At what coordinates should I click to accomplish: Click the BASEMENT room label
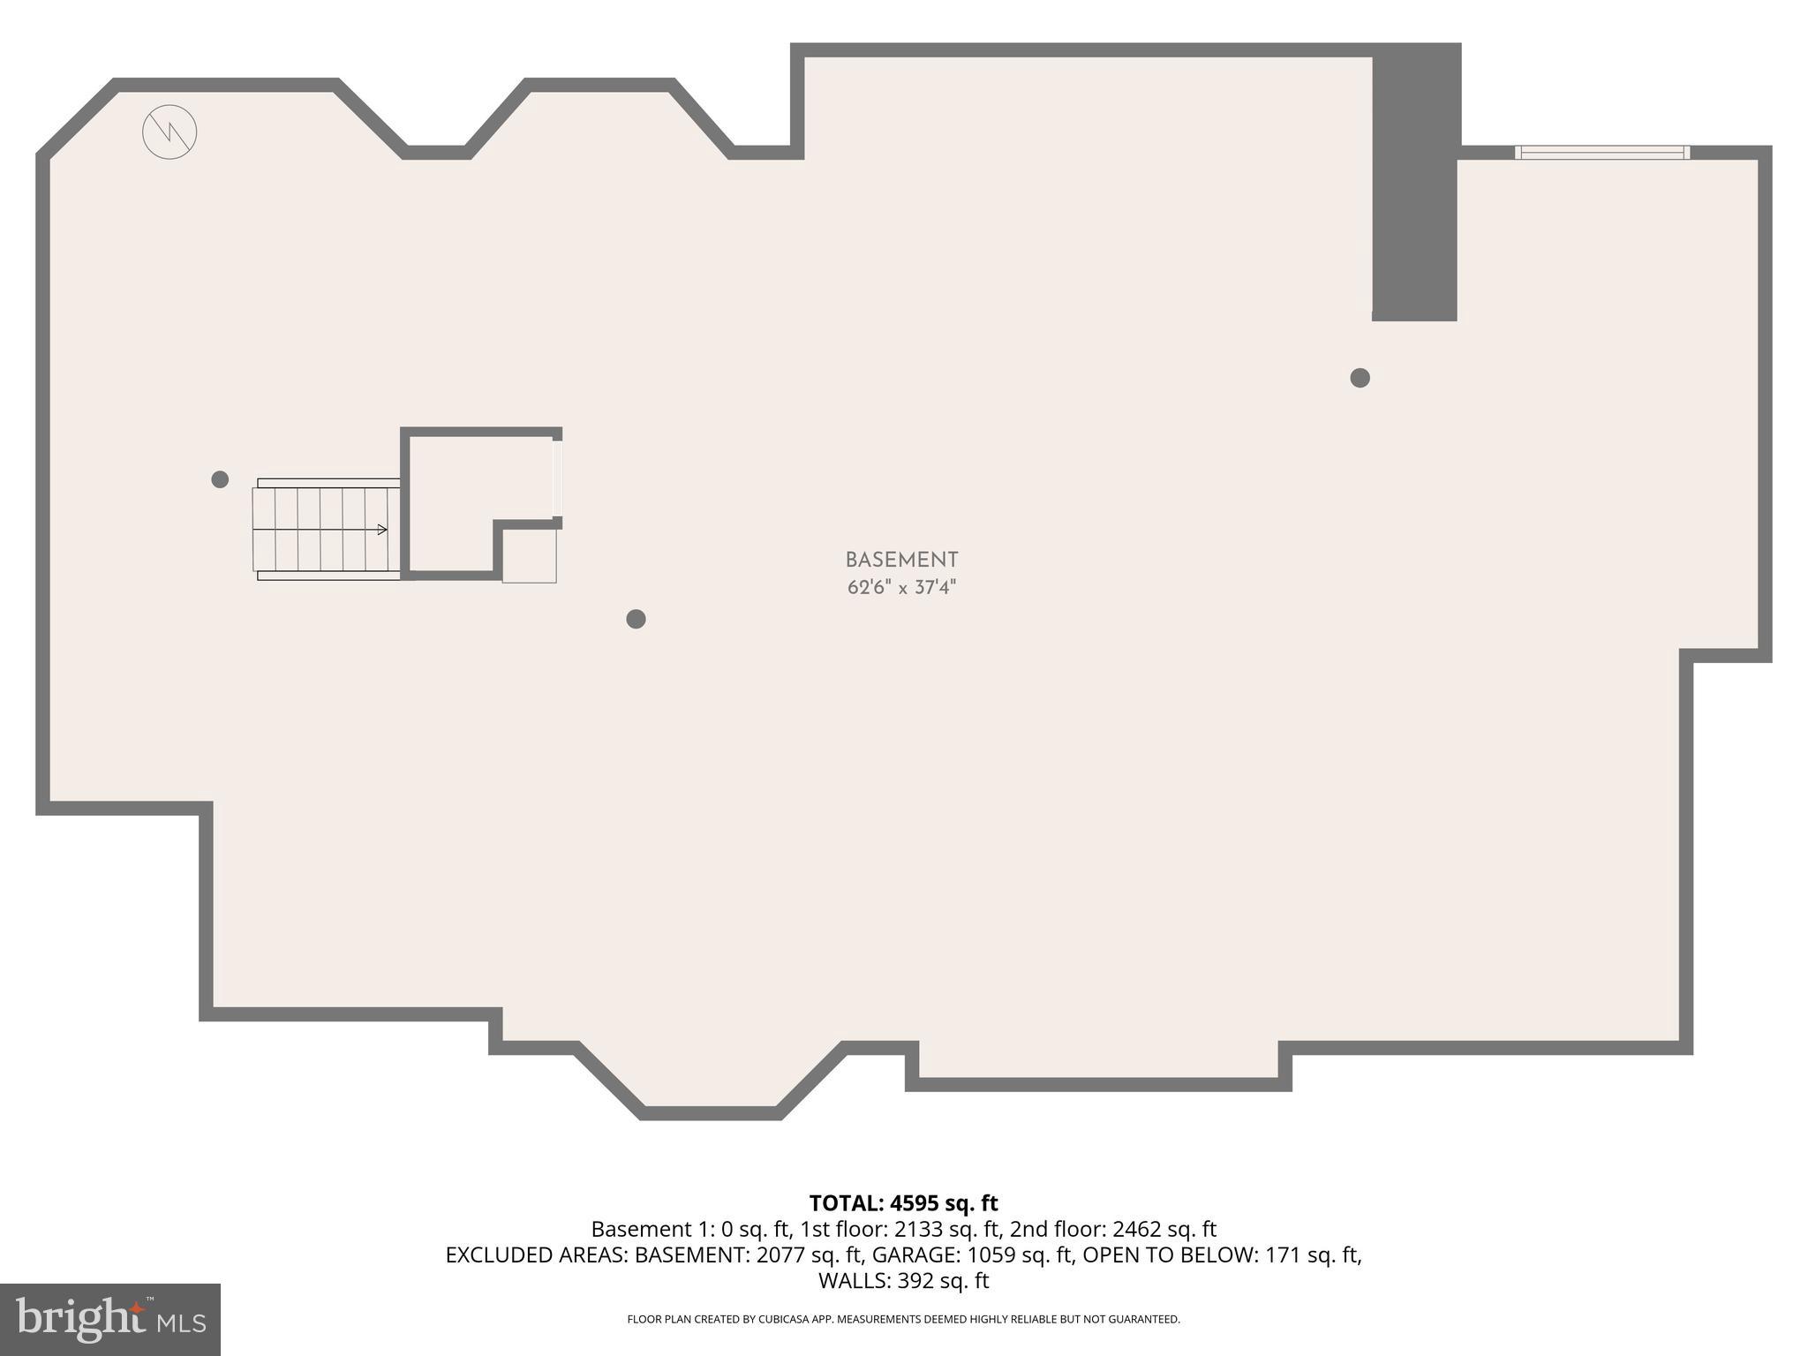[x=901, y=561]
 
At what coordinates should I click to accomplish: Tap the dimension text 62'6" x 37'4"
[x=901, y=588]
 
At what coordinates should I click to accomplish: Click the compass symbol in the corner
[x=169, y=132]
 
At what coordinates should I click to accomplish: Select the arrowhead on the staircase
[x=382, y=530]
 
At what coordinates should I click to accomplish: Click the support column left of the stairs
[x=221, y=479]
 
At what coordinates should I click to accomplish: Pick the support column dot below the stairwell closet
[x=636, y=619]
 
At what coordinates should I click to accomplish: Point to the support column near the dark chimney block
[x=1360, y=378]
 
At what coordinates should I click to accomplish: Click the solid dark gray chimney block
[x=1415, y=185]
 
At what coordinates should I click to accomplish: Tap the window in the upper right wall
[x=1601, y=153]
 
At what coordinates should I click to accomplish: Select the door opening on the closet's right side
[x=557, y=478]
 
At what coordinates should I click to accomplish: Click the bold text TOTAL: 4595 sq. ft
[x=903, y=1203]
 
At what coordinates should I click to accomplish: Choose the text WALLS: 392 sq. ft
[x=903, y=1281]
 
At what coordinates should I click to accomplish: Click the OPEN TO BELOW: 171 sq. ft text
[x=1222, y=1254]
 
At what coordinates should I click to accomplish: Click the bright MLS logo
[x=110, y=1319]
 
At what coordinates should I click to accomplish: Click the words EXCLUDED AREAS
[x=537, y=1254]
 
